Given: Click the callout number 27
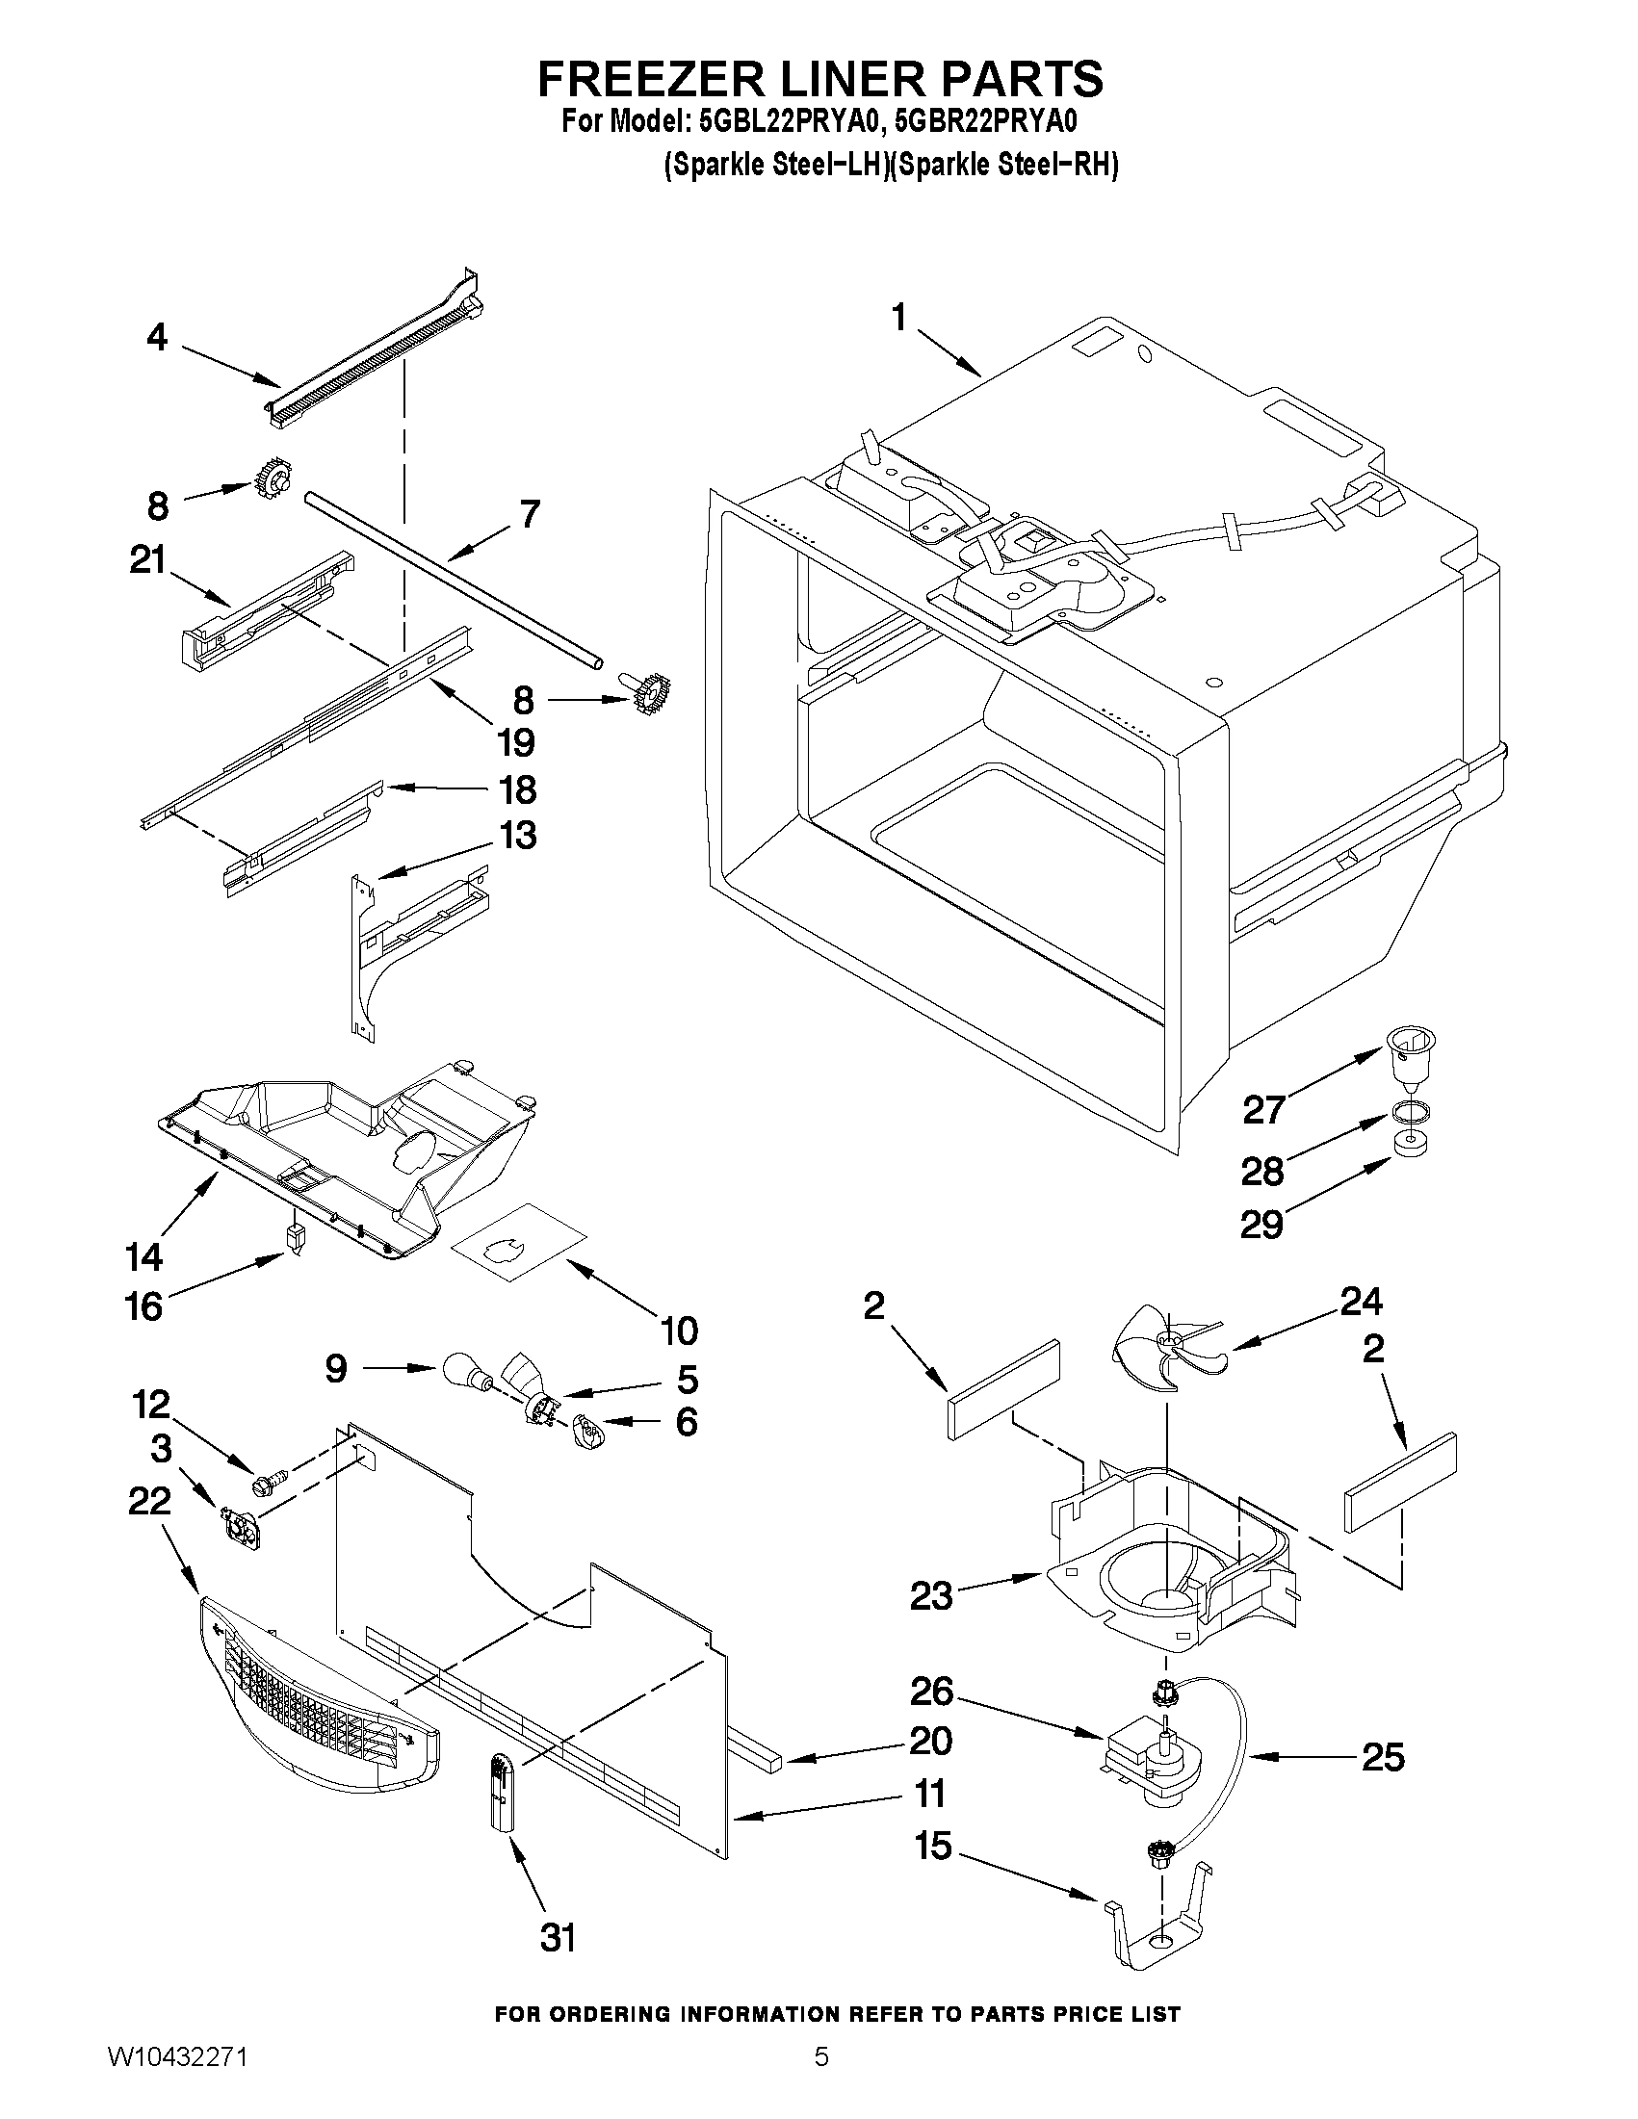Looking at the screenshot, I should [x=1264, y=1108].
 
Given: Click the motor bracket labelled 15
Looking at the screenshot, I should [x=1159, y=1919].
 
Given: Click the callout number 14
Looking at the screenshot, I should [x=143, y=1257].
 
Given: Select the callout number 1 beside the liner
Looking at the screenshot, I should [x=899, y=318].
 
